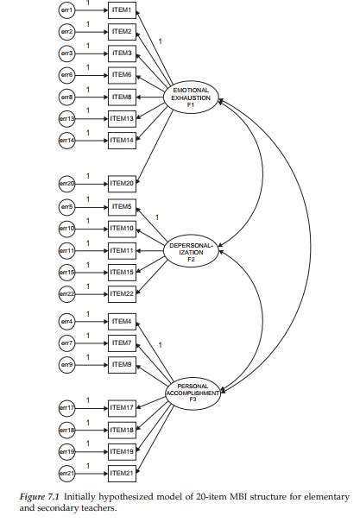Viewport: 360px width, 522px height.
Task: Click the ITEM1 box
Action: tap(121, 10)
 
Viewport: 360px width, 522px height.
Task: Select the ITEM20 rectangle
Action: tap(121, 184)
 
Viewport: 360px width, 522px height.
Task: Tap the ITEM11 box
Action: tap(121, 250)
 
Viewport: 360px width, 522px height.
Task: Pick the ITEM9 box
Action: tap(121, 365)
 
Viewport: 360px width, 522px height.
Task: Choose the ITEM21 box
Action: tap(121, 473)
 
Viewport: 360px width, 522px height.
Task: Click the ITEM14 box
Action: tap(121, 140)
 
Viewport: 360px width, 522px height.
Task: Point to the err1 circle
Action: tap(66, 10)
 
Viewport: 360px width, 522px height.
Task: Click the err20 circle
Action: tap(66, 184)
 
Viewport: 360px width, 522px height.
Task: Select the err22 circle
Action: tap(66, 294)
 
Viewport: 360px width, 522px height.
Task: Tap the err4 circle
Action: tap(66, 322)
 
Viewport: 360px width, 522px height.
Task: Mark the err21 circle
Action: tap(66, 473)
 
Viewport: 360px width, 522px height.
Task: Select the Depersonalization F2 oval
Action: tap(192, 250)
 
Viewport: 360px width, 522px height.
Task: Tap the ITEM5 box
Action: tap(121, 206)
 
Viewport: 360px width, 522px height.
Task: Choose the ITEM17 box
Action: tap(121, 407)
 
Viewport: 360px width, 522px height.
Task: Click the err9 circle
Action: tap(66, 365)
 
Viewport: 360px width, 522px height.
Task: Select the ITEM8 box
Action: tap(121, 97)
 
